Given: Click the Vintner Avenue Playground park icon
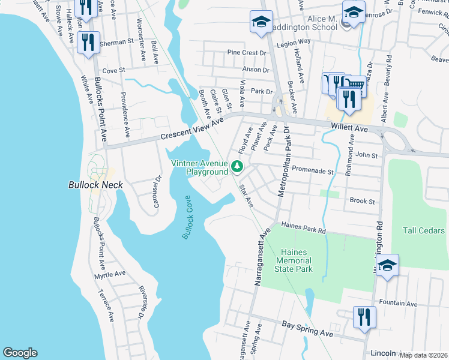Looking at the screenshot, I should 238,166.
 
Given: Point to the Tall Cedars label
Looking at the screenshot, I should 424,230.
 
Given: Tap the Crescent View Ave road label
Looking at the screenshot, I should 191,128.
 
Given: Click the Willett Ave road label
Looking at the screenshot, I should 349,128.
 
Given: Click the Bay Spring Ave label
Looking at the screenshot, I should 307,328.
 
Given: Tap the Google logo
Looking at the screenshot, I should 20,353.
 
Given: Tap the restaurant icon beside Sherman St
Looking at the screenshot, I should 88,42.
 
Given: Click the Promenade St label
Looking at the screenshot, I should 313,171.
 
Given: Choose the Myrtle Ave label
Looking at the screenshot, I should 110,274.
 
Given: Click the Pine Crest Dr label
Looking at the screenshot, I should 246,53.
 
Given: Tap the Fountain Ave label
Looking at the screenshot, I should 398,304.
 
